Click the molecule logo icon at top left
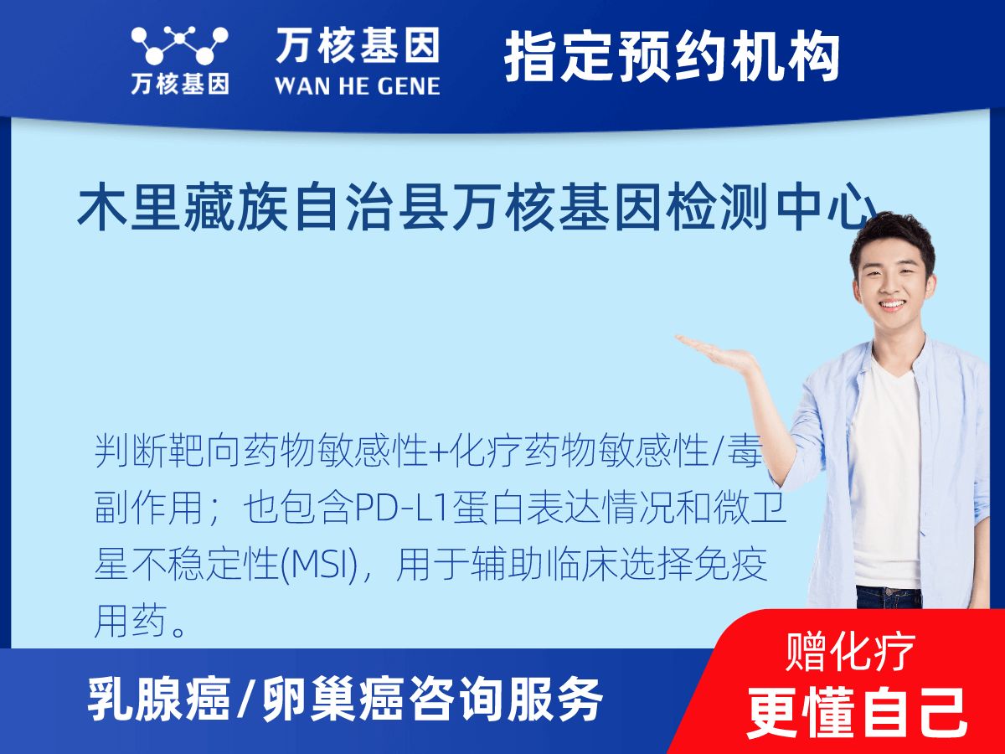(179, 46)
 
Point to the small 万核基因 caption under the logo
(179, 84)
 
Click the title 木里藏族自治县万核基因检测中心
(477, 209)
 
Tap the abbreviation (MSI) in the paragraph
(318, 567)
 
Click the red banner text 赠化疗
(851, 652)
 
